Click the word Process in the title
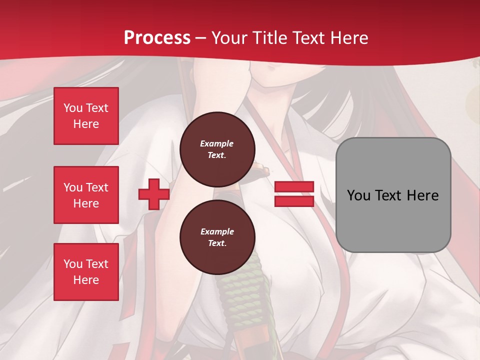click(x=157, y=37)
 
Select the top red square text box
click(x=86, y=116)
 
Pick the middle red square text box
click(x=86, y=195)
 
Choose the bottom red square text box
click(x=86, y=272)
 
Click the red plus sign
click(x=154, y=194)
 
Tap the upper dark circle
click(x=217, y=149)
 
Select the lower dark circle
click(x=217, y=237)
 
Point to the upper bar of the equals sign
click(x=294, y=187)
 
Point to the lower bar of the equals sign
click(x=294, y=201)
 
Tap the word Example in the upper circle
click(x=216, y=143)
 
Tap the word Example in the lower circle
click(x=217, y=231)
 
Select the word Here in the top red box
click(x=86, y=124)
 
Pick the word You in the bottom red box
click(x=73, y=264)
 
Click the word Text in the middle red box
click(x=97, y=187)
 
